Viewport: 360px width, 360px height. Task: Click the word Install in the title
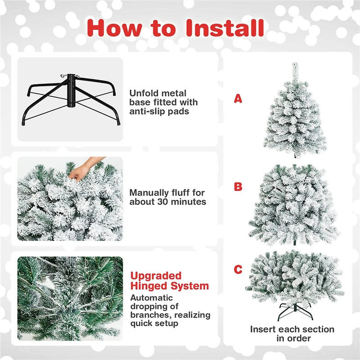coord(225,28)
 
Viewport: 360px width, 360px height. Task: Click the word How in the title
coord(116,28)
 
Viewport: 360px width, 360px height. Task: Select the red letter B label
coord(238,186)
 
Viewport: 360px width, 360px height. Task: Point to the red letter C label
coord(238,270)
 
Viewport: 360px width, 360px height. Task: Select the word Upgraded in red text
coord(156,275)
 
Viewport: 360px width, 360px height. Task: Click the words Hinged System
coord(170,286)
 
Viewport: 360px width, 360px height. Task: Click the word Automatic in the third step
coord(151,297)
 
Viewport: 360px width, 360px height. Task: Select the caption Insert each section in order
coord(292,333)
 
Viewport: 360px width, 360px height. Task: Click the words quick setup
coord(154,323)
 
